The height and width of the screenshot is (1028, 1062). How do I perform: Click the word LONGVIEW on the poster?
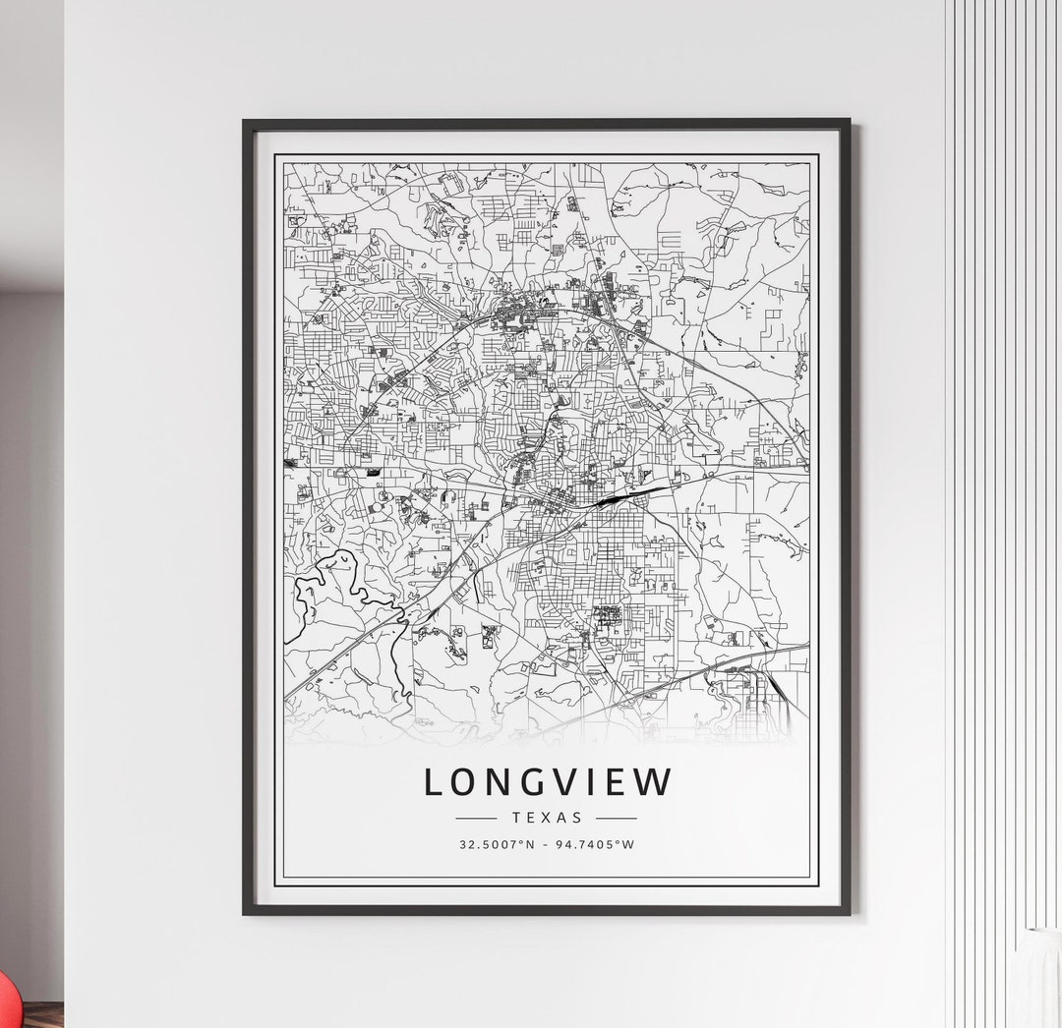click(548, 782)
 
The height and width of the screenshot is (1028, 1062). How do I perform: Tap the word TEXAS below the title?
click(547, 817)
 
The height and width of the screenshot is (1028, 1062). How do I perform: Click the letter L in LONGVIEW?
click(434, 782)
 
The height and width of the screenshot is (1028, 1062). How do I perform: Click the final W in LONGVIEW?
click(656, 782)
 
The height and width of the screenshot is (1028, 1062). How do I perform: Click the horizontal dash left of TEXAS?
click(477, 818)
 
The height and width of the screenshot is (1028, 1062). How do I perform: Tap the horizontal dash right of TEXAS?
click(617, 818)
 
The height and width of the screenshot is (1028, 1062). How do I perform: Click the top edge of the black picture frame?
click(546, 123)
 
